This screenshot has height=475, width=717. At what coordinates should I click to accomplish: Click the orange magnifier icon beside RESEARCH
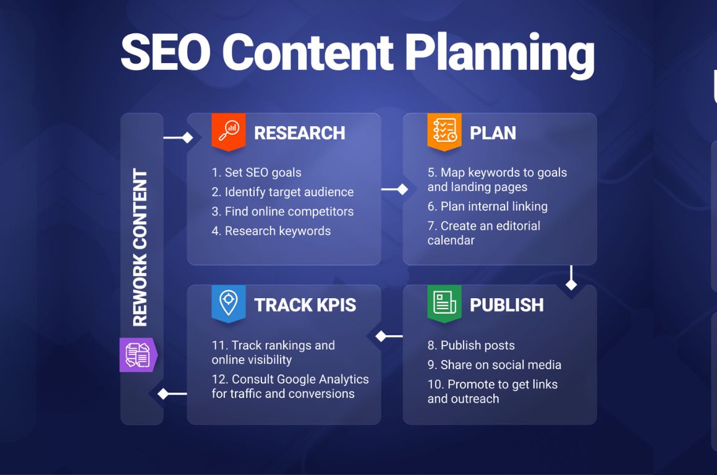click(x=229, y=129)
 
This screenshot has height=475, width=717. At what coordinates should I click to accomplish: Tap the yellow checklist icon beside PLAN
click(x=444, y=130)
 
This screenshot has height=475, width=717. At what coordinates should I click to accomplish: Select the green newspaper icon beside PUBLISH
click(x=444, y=302)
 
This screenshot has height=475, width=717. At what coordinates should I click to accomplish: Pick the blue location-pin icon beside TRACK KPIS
click(x=229, y=302)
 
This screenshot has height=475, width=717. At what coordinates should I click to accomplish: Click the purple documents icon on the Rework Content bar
click(x=138, y=355)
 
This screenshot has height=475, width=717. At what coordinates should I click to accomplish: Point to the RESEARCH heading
click(x=299, y=133)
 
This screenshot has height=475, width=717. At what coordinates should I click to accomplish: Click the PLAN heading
click(x=493, y=133)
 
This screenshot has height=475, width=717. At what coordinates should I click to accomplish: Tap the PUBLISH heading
click(x=506, y=305)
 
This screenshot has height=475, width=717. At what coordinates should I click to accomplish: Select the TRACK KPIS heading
click(x=305, y=305)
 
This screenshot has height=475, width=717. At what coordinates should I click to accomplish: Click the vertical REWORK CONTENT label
click(x=140, y=247)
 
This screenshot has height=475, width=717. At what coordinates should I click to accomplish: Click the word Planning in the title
click(x=499, y=53)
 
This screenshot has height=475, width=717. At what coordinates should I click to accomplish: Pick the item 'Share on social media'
click(x=494, y=365)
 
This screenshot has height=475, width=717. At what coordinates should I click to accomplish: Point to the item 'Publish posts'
click(x=471, y=345)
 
